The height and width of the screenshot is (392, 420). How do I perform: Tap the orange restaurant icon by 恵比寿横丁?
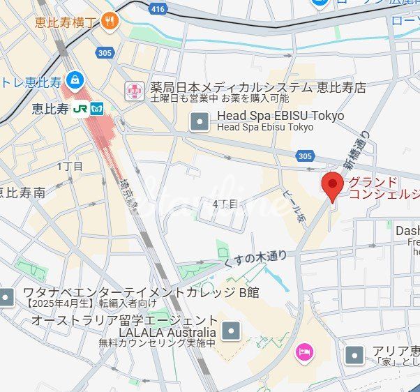[109, 22]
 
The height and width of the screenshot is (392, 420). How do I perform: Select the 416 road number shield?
[158, 9]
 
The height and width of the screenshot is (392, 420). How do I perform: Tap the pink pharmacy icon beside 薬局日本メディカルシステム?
[133, 89]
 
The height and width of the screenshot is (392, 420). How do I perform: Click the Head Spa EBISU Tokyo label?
[280, 115]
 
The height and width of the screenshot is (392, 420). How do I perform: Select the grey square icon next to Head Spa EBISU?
[200, 122]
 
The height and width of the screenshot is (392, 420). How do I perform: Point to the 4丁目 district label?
[225, 204]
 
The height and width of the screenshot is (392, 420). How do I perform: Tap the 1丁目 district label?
[70, 166]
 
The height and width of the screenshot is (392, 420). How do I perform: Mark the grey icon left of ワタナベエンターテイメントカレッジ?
[7, 297]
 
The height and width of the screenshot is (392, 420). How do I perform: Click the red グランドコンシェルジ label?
[384, 188]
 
